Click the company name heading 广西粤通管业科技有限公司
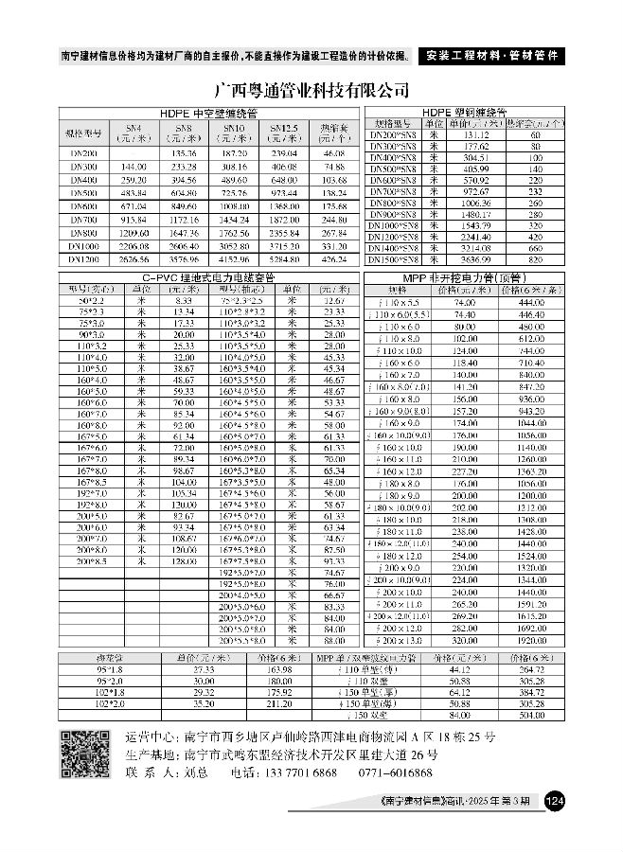(311, 91)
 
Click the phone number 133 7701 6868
(299, 773)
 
